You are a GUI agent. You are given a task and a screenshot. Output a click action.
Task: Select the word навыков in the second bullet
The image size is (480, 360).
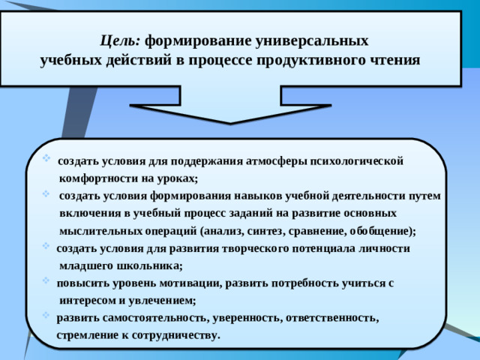point(253,196)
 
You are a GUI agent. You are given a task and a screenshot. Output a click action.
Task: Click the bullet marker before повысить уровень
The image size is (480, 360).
point(48,283)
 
